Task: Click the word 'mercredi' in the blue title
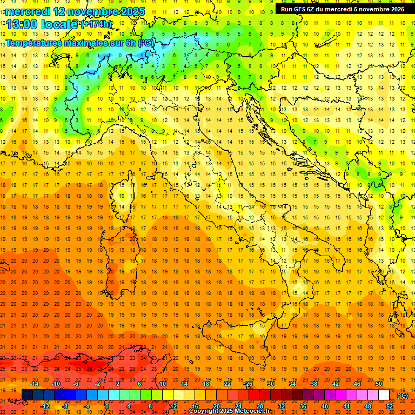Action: pos(29,11)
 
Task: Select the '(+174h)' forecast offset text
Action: pos(96,24)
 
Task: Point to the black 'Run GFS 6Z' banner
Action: pos(342,9)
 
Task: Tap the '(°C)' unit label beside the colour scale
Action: pos(403,395)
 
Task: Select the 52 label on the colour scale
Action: pos(390,406)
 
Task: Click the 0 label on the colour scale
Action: pos(107,406)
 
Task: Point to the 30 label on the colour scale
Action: pos(270,384)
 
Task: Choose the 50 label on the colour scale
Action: pos(378,384)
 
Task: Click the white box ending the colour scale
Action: pos(384,395)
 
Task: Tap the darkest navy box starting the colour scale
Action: pos(27,395)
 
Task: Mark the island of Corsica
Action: pos(124,197)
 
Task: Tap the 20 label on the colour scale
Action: pos(216,406)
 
